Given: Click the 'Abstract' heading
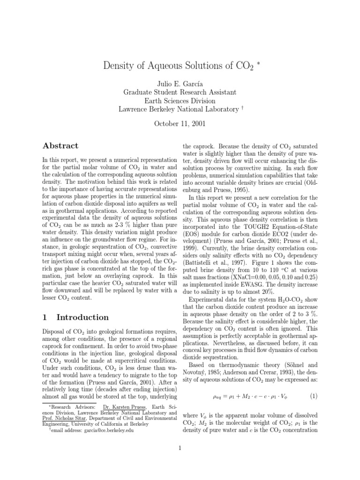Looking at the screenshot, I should pos(60,146).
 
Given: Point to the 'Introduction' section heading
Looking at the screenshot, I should pos(75,317).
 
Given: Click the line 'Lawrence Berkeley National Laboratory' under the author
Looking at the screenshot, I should pos(179,109).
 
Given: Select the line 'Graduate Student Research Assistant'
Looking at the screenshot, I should pos(180,92).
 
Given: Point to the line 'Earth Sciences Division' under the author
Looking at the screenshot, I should pos(180,101).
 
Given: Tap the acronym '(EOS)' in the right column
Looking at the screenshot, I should pos(191,245).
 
